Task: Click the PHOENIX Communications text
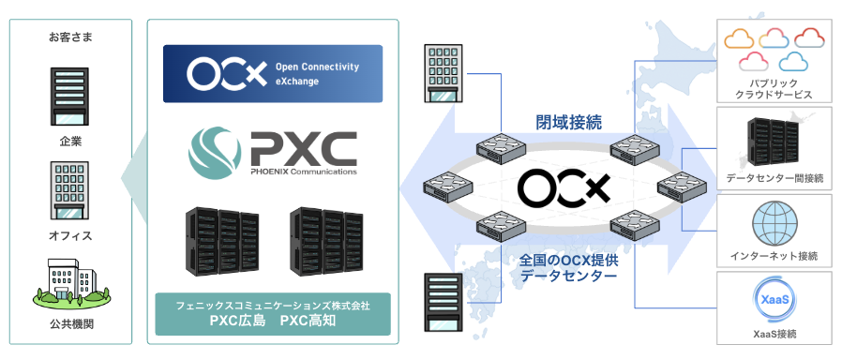click(304, 172)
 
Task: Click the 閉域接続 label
click(556, 121)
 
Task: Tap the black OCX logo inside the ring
click(564, 188)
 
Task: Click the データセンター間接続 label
click(774, 177)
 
